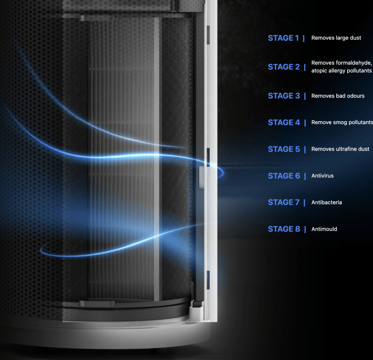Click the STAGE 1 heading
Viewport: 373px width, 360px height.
coord(283,38)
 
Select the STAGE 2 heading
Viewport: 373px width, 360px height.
coord(284,67)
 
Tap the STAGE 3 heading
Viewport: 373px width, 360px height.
coord(284,96)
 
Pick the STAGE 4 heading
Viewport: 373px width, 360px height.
coord(284,122)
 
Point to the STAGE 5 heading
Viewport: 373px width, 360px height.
coord(284,149)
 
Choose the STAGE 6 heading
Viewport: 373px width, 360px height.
coord(284,176)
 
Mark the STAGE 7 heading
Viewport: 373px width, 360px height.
coord(284,203)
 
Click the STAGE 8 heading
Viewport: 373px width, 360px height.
coord(284,229)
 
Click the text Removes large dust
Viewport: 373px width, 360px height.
coord(336,38)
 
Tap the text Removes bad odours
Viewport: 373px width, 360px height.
coord(338,96)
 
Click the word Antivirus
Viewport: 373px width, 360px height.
coord(322,176)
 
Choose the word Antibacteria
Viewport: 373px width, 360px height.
coord(327,202)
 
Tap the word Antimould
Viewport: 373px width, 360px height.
coord(324,229)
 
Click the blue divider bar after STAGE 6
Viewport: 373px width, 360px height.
coord(305,176)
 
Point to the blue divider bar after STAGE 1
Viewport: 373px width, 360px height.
coord(304,38)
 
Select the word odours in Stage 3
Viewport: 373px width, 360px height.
coord(355,96)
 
